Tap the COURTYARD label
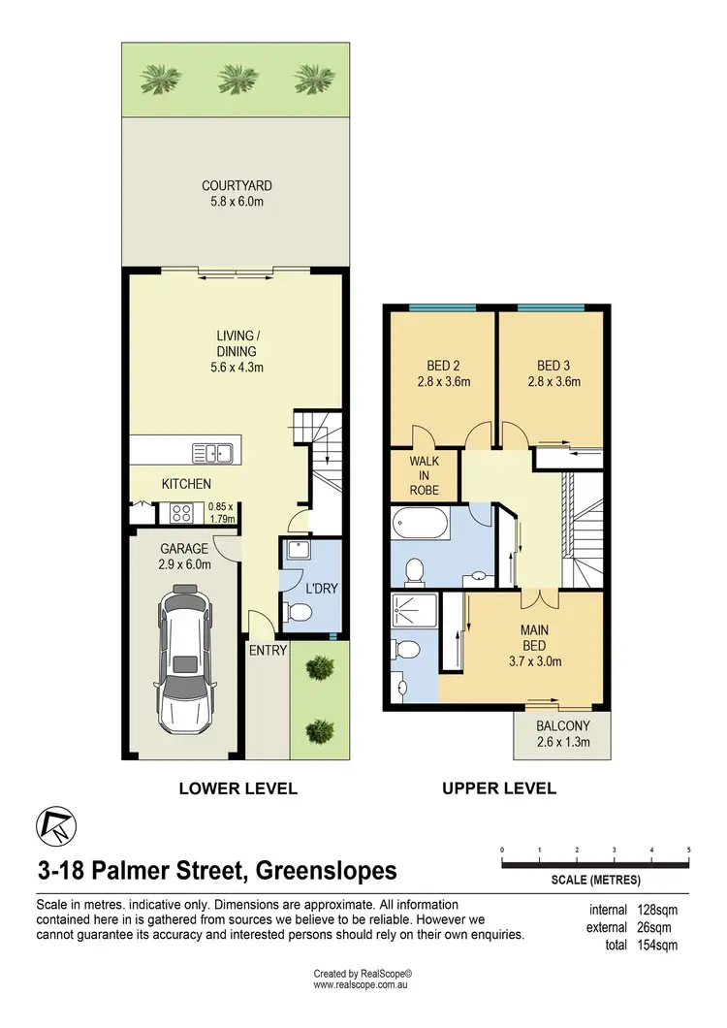click(x=237, y=185)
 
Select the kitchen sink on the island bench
click(x=209, y=451)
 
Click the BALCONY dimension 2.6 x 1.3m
click(x=563, y=744)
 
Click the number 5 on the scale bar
click(x=688, y=850)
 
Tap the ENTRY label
click(x=268, y=651)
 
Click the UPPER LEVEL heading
click(x=499, y=788)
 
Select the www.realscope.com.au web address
click(x=363, y=984)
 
